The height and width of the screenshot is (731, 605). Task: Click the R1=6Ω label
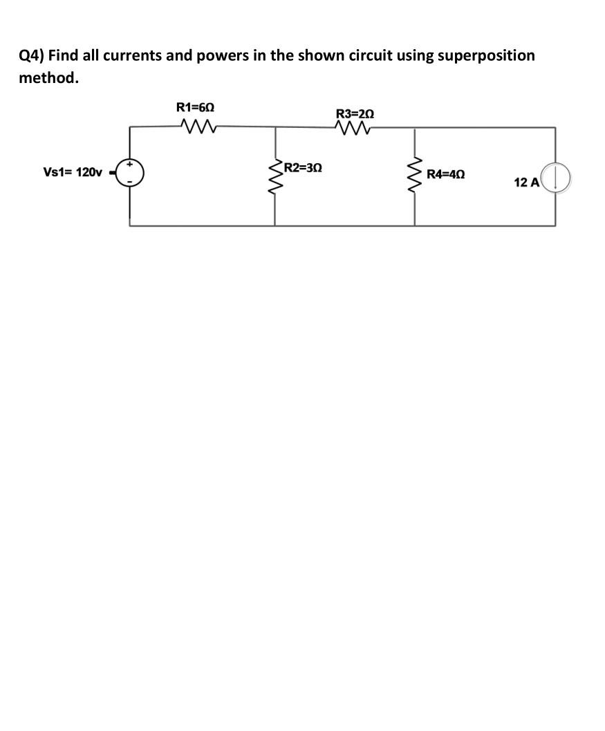pos(195,107)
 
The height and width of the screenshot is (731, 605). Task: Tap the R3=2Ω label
pos(355,113)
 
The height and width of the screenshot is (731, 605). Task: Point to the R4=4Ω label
pos(445,174)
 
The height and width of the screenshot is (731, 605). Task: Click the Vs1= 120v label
pos(73,172)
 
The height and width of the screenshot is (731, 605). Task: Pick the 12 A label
pos(526,183)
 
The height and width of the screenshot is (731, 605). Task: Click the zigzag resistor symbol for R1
pos(198,126)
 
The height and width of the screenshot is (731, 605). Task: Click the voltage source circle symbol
pos(130,172)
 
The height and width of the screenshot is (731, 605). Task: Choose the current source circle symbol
pos(556,176)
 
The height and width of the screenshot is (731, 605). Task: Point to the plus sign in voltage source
pos(129,165)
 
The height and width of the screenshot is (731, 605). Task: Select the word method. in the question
pos(48,77)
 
